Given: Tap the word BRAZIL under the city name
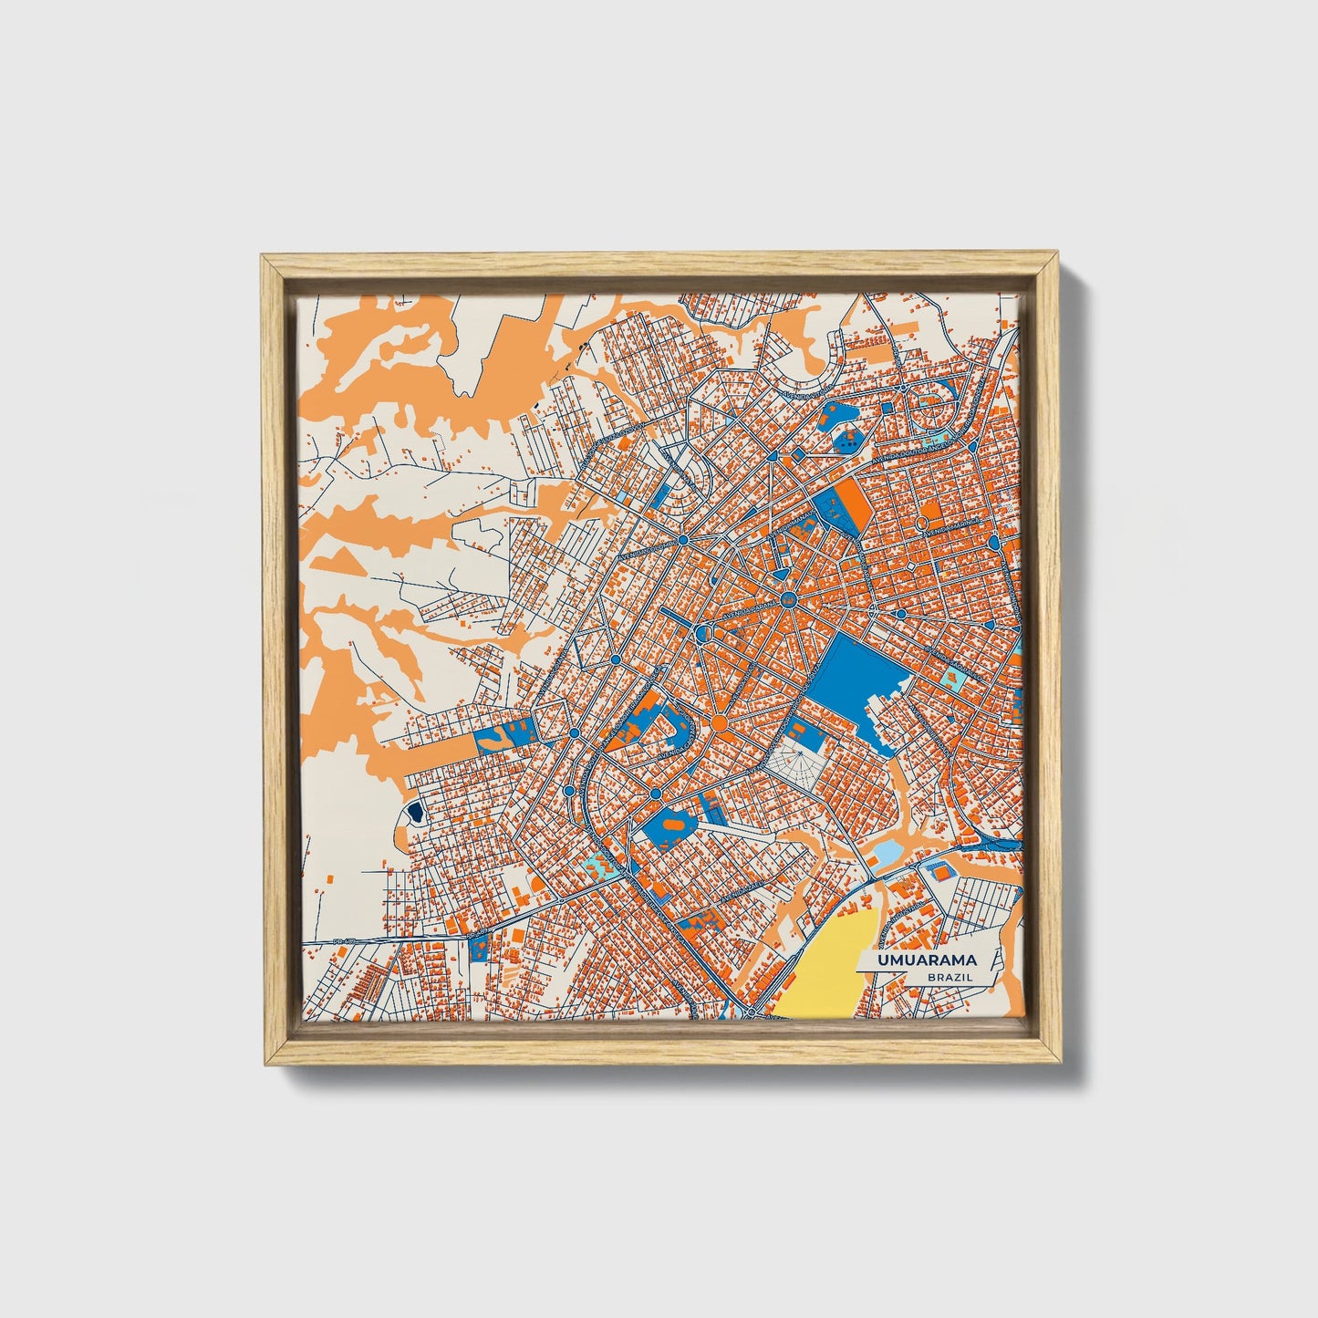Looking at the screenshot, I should coord(950,977).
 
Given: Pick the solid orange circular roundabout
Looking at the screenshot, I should coord(719,723).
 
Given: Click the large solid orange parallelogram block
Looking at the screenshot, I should coord(854,503).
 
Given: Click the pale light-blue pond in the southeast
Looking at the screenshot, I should coord(884,853).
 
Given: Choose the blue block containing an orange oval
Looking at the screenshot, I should coord(670,825).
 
